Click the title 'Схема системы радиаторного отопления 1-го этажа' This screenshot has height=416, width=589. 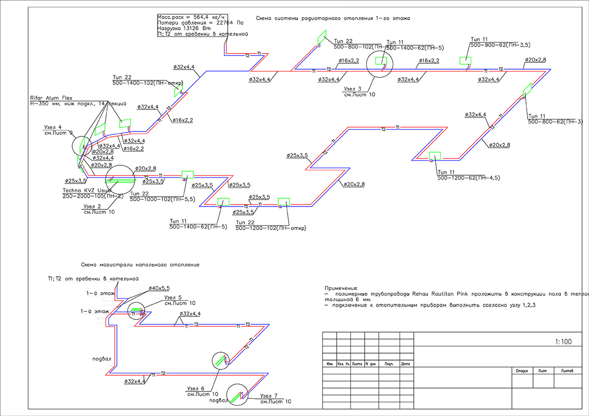point(333,18)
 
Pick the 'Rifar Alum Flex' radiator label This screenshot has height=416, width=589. point(51,98)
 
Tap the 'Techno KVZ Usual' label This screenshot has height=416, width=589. point(86,190)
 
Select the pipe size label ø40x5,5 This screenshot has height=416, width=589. point(159,288)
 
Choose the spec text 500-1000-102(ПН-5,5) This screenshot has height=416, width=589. point(161,200)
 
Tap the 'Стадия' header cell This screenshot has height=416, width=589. point(522,371)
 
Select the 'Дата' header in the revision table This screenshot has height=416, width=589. point(405,364)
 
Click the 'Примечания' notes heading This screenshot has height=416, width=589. point(342,287)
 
